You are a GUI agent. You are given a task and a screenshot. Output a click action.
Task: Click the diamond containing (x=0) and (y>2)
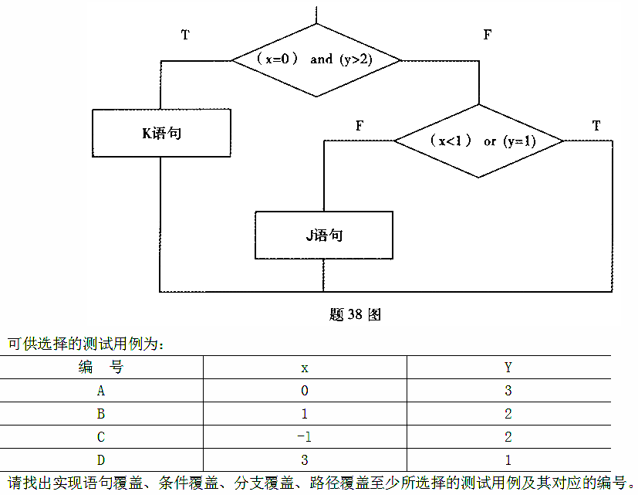[316, 59]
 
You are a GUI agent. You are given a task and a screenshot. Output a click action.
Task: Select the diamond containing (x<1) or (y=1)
[478, 141]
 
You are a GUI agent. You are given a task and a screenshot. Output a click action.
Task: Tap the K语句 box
[160, 133]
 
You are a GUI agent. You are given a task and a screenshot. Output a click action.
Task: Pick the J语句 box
[323, 236]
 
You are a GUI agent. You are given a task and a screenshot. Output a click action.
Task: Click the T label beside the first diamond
[185, 35]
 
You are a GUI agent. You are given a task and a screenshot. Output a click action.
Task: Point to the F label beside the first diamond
[487, 35]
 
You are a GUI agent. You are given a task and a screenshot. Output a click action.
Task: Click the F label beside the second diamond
[360, 125]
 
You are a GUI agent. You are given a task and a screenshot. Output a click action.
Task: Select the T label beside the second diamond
[596, 125]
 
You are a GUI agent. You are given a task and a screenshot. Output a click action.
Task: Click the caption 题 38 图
[355, 314]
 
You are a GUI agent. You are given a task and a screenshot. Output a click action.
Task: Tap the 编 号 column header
[100, 368]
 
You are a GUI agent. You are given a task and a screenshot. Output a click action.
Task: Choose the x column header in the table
[305, 368]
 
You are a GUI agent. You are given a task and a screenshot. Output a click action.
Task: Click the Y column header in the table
[508, 368]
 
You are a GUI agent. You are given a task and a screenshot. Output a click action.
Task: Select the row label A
[101, 391]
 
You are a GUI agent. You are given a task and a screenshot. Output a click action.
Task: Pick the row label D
[101, 459]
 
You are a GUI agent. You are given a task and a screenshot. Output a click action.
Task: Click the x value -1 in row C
[304, 437]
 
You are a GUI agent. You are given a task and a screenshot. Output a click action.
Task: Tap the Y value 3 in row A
[508, 391]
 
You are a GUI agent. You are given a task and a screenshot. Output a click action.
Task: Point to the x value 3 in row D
[305, 459]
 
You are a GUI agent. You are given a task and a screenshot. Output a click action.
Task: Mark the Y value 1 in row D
[508, 459]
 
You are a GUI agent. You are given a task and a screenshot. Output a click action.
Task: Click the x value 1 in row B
[305, 414]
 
